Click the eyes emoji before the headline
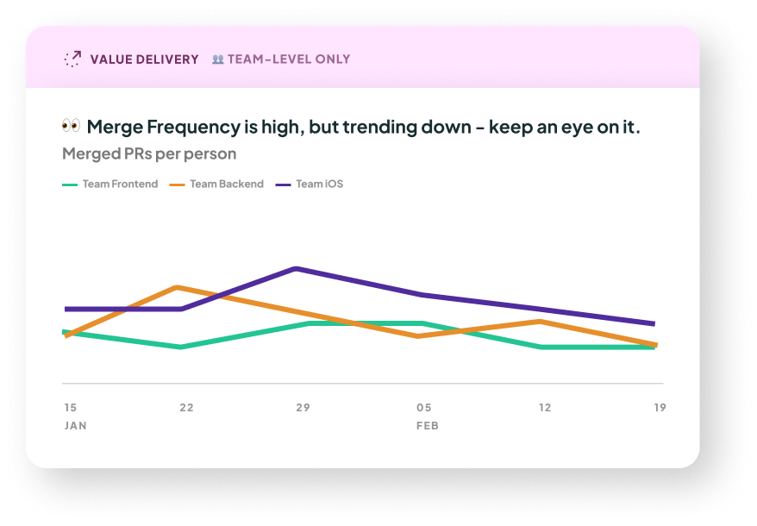point(71,126)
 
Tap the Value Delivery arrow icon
point(72,59)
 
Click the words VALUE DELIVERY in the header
point(144,59)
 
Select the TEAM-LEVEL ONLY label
point(289,59)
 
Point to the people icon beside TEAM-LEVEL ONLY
point(218,59)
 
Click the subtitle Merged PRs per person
point(149,153)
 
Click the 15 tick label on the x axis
point(70,407)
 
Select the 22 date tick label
point(186,407)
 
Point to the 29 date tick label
point(303,407)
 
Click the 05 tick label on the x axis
point(423,407)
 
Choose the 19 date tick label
point(660,407)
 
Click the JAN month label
point(75,426)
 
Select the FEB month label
point(427,426)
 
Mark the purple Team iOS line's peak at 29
point(297,269)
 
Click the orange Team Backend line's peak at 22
point(177,287)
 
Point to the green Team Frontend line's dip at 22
point(179,347)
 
